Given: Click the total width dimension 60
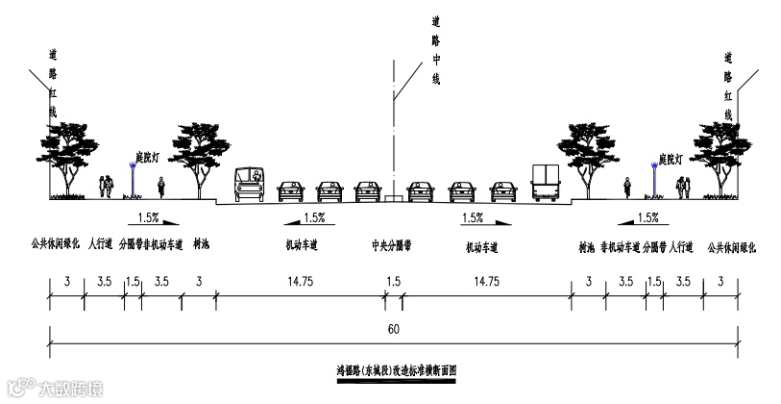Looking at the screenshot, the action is (x=394, y=329).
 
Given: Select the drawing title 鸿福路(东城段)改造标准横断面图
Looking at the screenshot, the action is (x=394, y=370).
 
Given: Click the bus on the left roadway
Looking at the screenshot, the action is (x=250, y=185).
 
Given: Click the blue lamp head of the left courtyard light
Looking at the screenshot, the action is (x=132, y=166).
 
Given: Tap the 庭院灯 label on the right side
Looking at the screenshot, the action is (x=670, y=158).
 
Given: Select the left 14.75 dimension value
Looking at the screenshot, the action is (x=297, y=282).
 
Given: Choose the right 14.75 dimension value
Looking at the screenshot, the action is (x=486, y=282).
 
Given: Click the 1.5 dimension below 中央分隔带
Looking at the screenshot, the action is (x=394, y=282).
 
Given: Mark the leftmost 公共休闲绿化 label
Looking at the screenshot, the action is (x=54, y=246).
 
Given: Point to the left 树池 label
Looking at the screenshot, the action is (x=201, y=246).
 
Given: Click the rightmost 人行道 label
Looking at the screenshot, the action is (x=682, y=246).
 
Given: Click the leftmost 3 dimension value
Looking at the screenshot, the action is (x=67, y=282).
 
